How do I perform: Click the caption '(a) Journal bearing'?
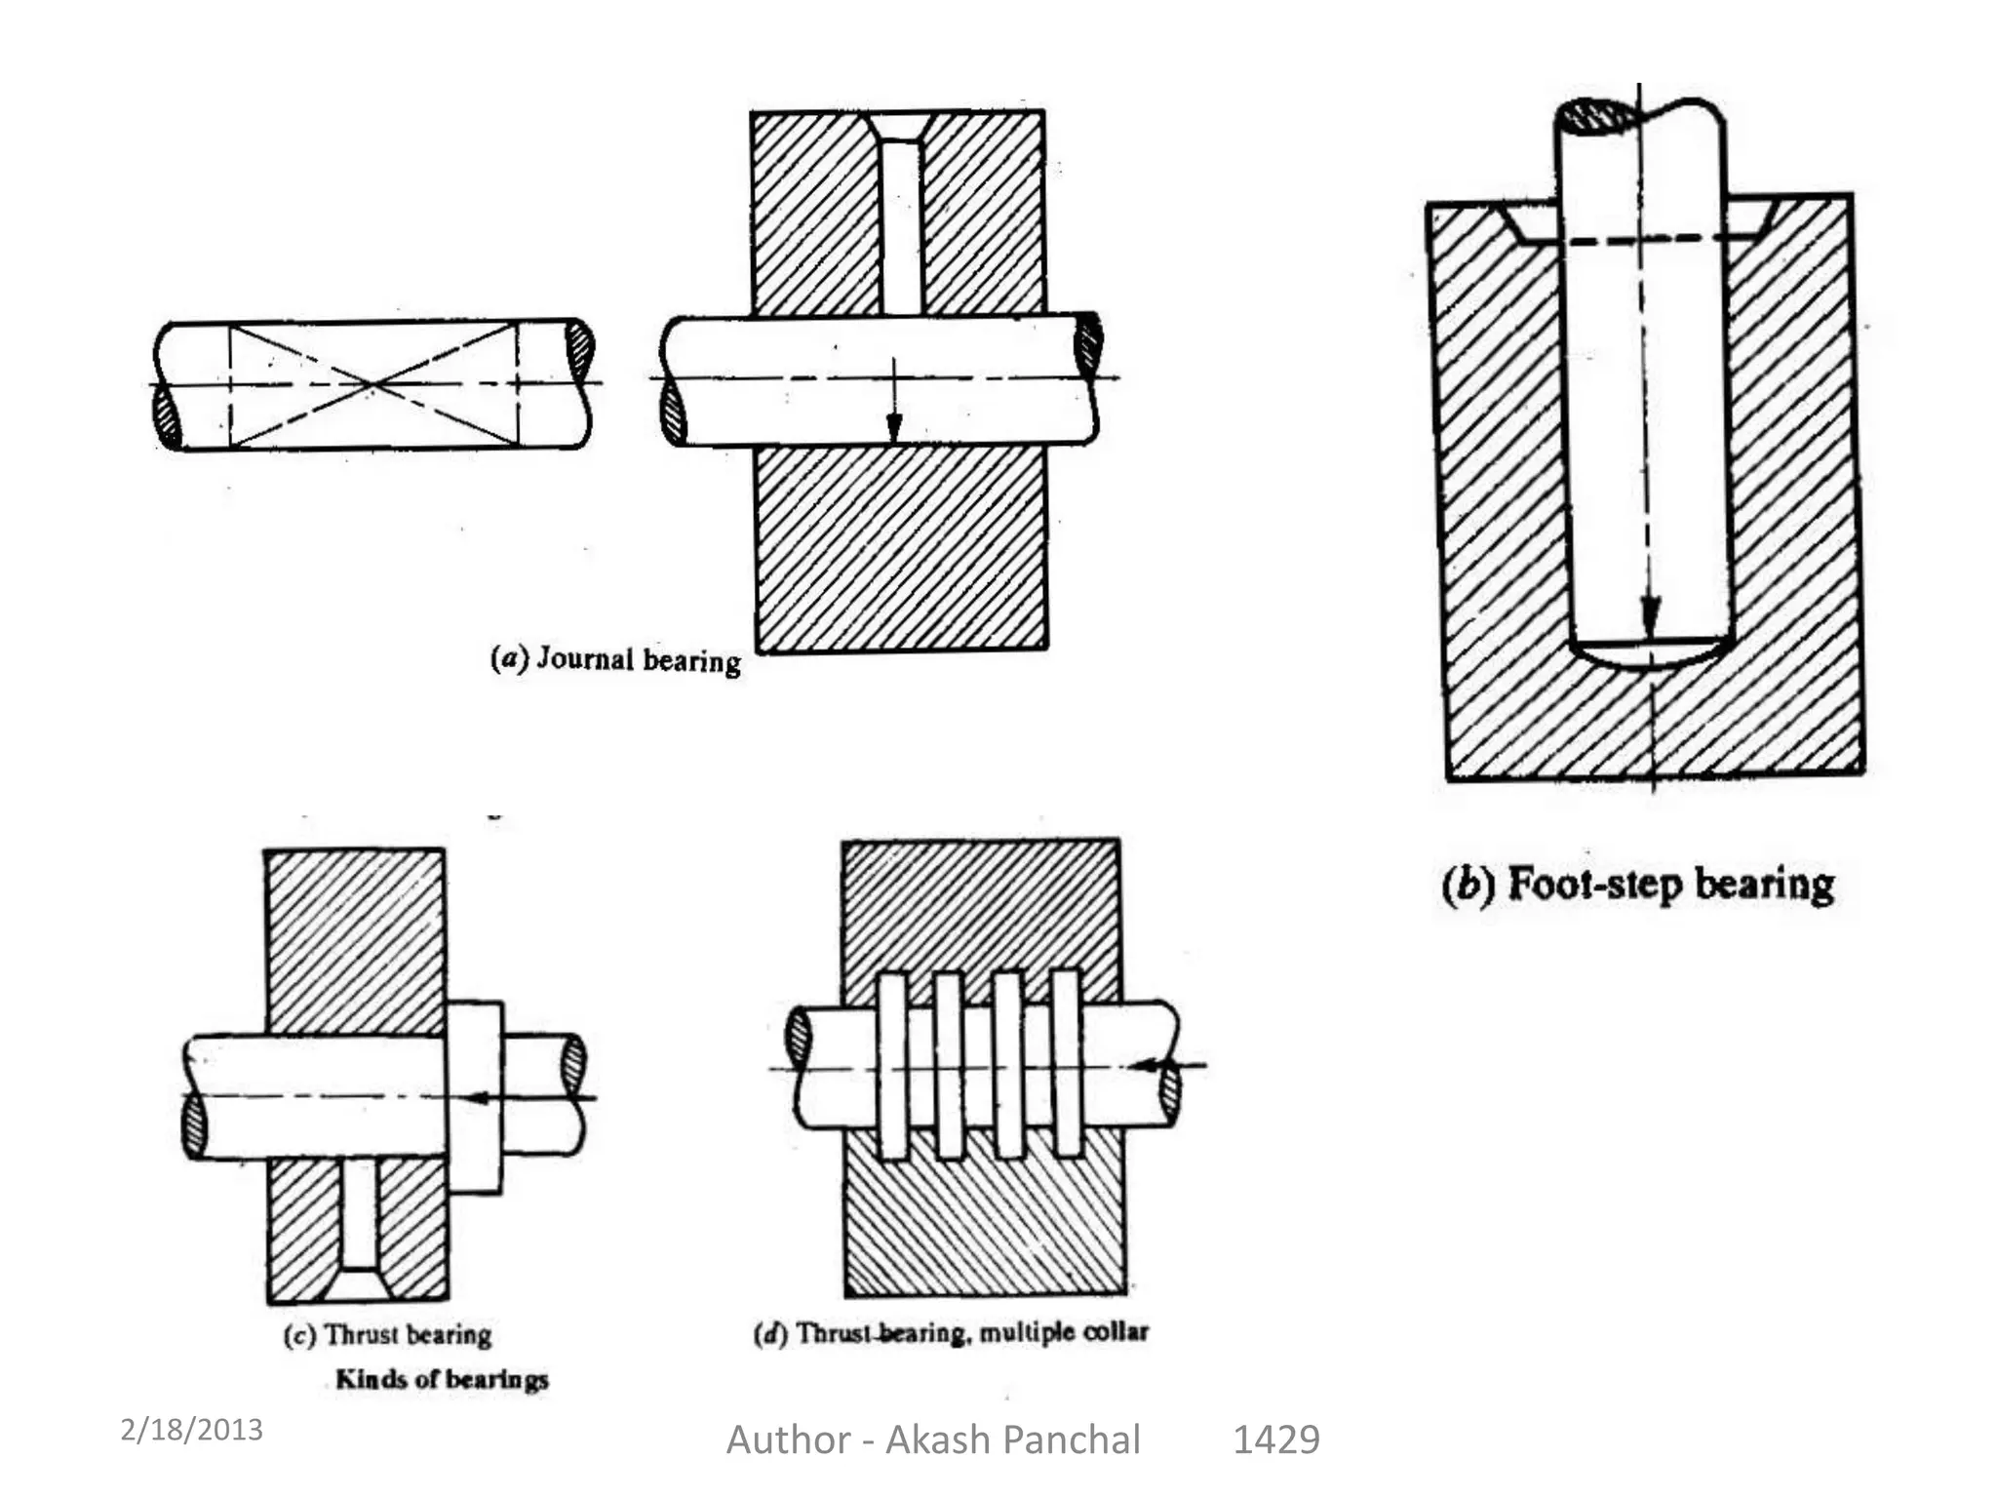click(x=615, y=660)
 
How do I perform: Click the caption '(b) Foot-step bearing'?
click(x=1637, y=885)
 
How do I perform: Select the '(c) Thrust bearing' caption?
click(x=387, y=1334)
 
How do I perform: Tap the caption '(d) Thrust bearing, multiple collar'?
click(x=952, y=1332)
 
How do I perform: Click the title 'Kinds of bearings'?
click(x=442, y=1379)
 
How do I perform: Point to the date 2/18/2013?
click(x=191, y=1430)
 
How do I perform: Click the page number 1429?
click(x=1275, y=1439)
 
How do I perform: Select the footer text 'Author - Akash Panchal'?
click(x=933, y=1439)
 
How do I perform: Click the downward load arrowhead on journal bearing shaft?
click(x=893, y=427)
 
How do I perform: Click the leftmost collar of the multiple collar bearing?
click(x=892, y=1065)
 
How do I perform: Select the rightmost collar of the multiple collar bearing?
click(x=1067, y=1065)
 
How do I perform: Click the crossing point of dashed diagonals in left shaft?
click(x=372, y=385)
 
